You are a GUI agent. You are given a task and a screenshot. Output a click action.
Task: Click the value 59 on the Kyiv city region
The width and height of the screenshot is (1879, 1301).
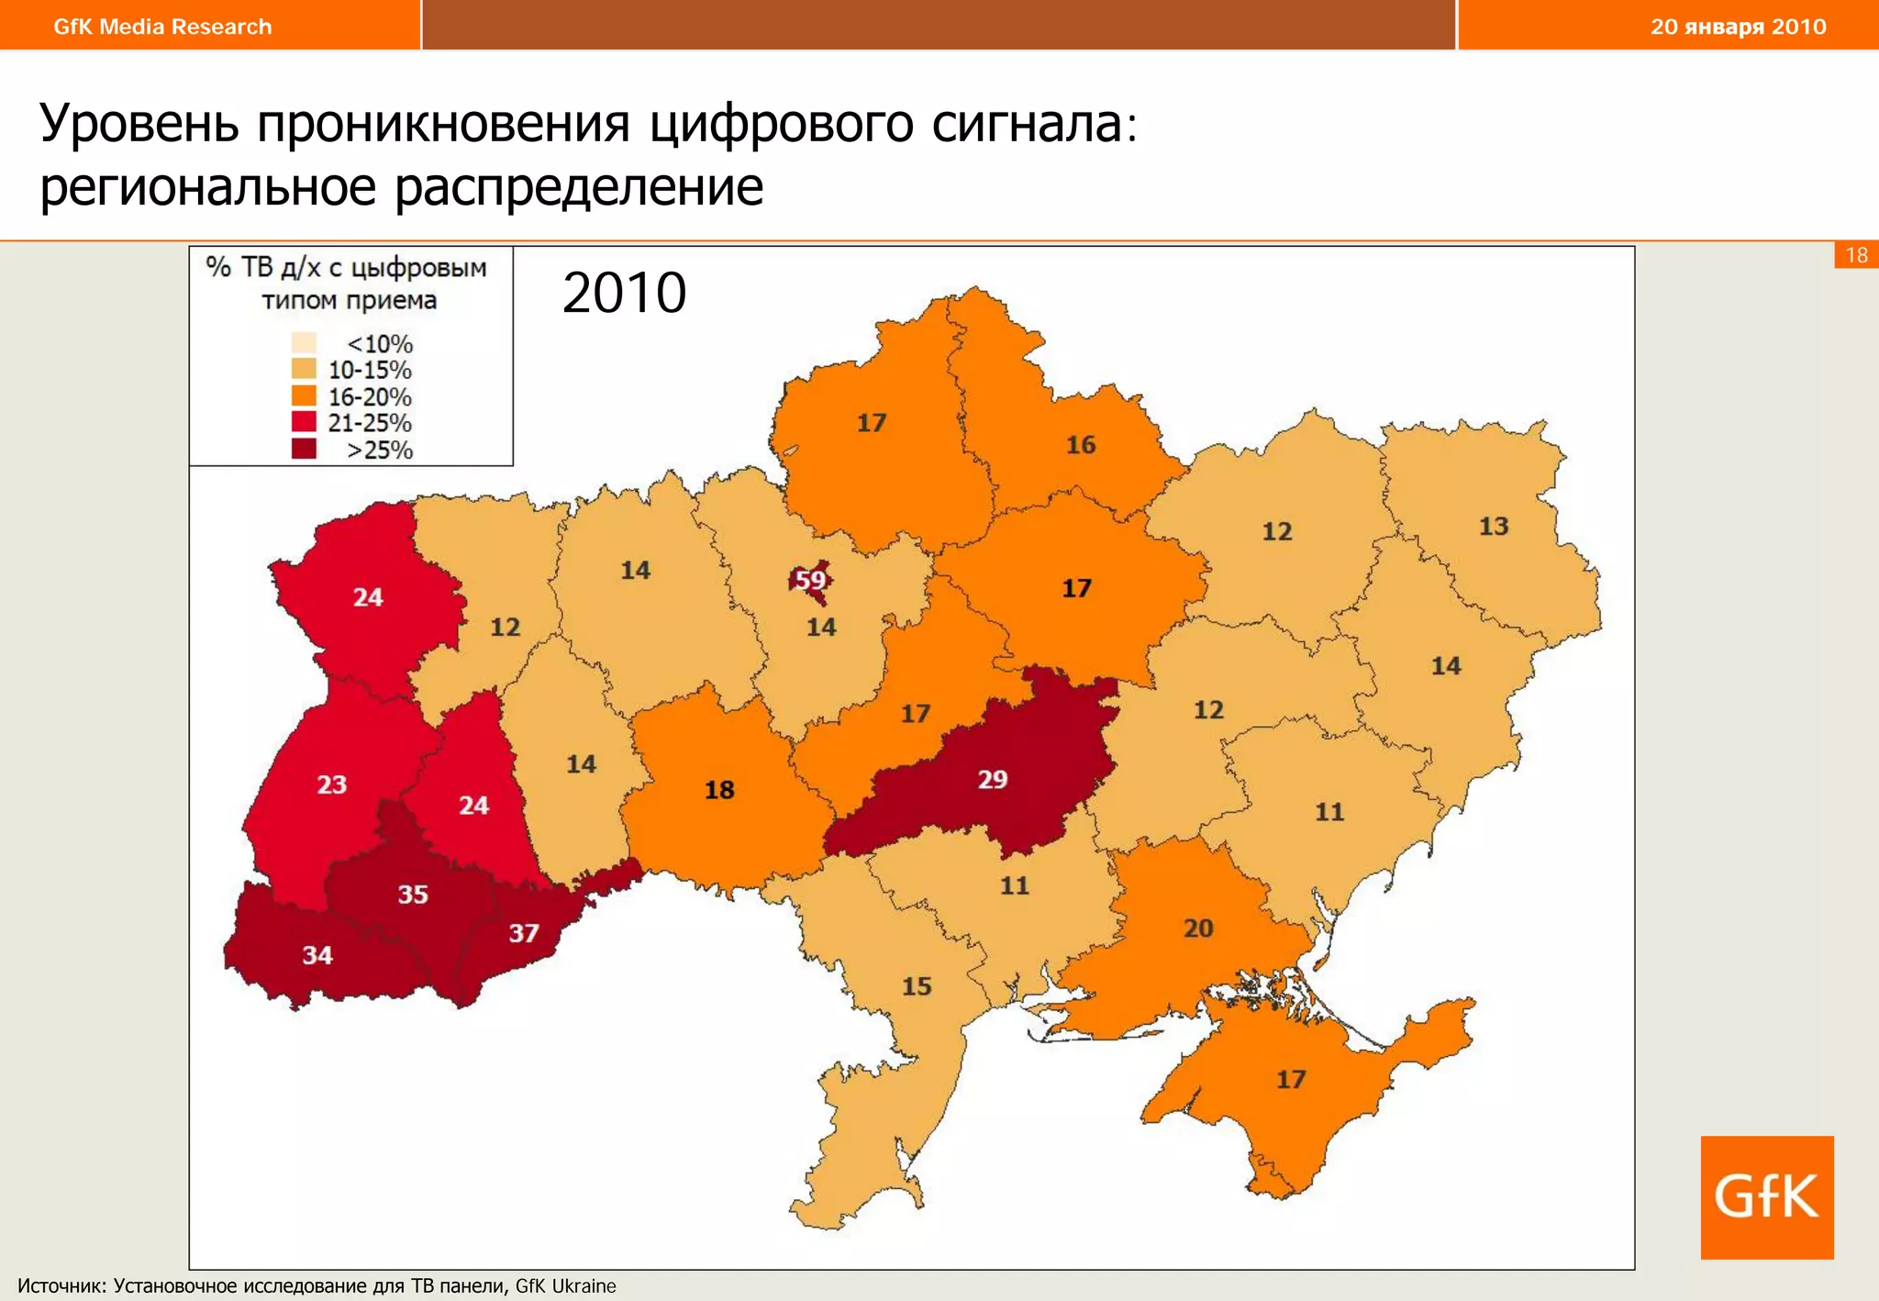(809, 580)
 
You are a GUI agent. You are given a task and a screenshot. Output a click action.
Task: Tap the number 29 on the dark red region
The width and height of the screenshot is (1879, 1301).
(992, 779)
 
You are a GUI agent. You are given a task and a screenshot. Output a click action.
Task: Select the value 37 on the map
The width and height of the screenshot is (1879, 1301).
(524, 933)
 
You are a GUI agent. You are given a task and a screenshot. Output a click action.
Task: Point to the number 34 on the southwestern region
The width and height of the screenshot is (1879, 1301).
(317, 955)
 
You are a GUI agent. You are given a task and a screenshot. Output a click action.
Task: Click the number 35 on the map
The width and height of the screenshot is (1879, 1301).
(413, 894)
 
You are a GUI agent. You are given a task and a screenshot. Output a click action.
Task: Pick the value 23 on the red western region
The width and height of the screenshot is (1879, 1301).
(332, 784)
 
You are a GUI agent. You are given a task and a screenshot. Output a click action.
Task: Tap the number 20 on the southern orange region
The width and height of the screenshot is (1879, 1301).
(1198, 928)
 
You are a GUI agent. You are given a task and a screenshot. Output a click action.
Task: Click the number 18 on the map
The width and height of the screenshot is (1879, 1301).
(719, 790)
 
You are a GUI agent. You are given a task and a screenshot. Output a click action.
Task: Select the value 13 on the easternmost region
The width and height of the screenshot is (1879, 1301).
(1494, 526)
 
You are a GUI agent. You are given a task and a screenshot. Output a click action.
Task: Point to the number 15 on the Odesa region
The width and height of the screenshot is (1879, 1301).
(917, 986)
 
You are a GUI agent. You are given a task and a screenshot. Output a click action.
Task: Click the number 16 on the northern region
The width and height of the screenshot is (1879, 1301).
(1081, 445)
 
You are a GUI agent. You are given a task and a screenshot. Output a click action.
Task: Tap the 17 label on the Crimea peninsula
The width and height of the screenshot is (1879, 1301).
(1291, 1079)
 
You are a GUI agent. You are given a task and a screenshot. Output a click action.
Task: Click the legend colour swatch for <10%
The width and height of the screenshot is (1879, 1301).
(304, 343)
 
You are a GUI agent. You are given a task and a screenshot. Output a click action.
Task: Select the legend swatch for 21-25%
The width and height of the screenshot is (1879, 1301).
(304, 422)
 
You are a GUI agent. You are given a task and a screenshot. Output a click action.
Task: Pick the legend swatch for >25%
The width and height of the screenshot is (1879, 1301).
(304, 449)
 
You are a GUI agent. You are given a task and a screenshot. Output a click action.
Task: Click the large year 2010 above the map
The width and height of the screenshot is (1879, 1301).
(624, 293)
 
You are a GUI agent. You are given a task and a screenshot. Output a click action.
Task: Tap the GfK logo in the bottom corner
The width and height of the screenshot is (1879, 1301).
(1766, 1196)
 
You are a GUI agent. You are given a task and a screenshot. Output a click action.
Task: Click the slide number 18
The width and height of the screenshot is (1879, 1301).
(1856, 255)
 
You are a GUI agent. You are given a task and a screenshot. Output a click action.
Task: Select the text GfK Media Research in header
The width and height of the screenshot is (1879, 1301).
(162, 27)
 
